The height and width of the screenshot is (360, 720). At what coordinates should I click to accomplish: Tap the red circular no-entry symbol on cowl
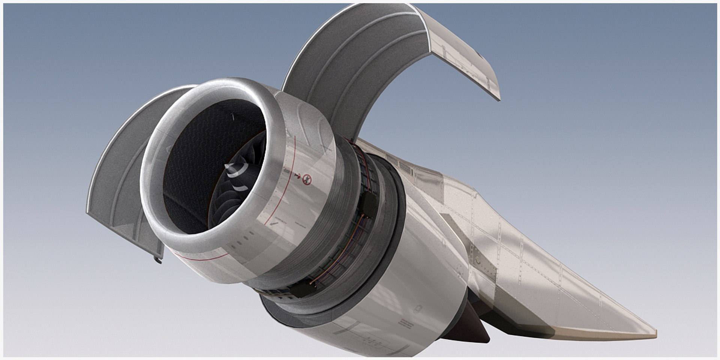tap(307, 180)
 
